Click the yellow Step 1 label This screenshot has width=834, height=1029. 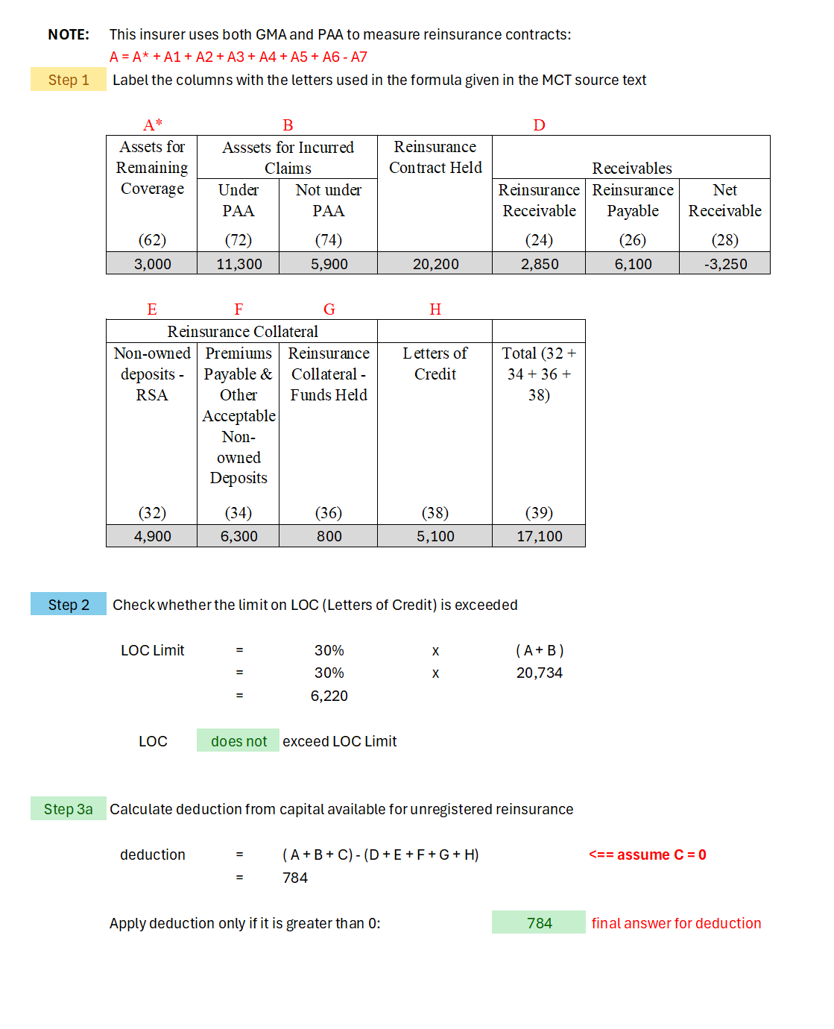coord(69,80)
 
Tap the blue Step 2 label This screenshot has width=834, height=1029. coord(69,605)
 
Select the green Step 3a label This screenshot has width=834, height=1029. coord(69,809)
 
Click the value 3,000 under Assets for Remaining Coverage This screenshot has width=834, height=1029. coord(152,264)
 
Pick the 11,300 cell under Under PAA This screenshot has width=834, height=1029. coord(238,264)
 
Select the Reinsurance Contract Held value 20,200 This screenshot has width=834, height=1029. coord(435,264)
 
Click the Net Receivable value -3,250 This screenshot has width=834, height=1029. coord(724,264)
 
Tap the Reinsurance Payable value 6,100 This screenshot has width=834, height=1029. coord(633,264)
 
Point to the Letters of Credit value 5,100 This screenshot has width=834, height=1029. coord(435,536)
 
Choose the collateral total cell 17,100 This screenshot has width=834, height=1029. coord(539,536)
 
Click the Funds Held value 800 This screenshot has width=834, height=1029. coord(329,536)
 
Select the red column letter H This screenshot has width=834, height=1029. coord(435,309)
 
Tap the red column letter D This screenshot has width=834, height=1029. coord(539,125)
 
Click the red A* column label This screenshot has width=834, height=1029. coord(153,125)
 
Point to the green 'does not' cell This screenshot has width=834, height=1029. coord(238,741)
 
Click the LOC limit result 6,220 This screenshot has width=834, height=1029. coord(329,696)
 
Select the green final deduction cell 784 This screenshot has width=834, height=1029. coord(539,923)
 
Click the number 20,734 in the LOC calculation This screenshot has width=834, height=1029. coord(539,673)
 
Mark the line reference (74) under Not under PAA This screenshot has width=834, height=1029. coord(329,240)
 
